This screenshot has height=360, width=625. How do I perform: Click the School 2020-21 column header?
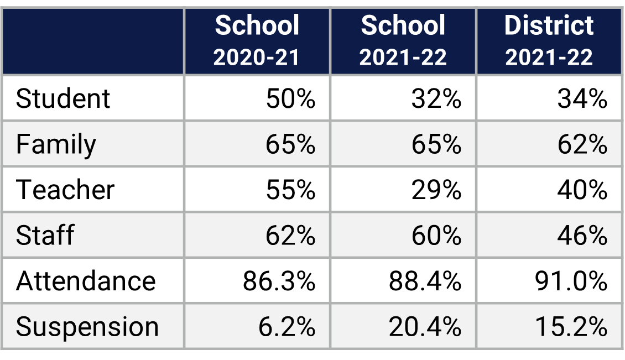pyautogui.click(x=257, y=41)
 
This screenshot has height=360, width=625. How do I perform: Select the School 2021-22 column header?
pyautogui.click(x=403, y=41)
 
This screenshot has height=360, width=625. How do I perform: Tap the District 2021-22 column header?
pyautogui.click(x=549, y=41)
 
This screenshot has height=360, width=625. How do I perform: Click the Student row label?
pyautogui.click(x=63, y=99)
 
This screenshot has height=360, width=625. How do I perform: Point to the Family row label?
pyautogui.click(x=56, y=145)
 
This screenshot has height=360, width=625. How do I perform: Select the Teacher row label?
pyautogui.click(x=65, y=190)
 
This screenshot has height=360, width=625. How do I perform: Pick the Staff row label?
pyautogui.click(x=45, y=236)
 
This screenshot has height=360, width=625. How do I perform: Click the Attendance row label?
pyautogui.click(x=86, y=281)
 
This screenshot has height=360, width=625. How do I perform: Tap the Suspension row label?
pyautogui.click(x=87, y=327)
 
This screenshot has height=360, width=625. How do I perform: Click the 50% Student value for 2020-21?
pyautogui.click(x=290, y=99)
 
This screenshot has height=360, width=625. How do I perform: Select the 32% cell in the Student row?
pyautogui.click(x=436, y=99)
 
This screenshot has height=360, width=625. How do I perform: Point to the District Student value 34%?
pyautogui.click(x=582, y=99)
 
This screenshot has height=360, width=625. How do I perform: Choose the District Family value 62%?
pyautogui.click(x=582, y=145)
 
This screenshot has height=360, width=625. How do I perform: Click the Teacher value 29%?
pyautogui.click(x=436, y=190)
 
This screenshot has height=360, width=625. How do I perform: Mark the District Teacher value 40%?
pyautogui.click(x=582, y=190)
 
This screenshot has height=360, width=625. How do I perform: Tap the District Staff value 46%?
pyautogui.click(x=582, y=236)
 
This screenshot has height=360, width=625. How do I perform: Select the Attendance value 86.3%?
pyautogui.click(x=279, y=281)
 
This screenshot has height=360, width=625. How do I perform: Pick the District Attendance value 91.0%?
pyautogui.click(x=571, y=281)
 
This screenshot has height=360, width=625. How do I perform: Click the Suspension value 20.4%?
pyautogui.click(x=425, y=327)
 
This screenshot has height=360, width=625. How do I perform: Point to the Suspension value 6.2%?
pyautogui.click(x=287, y=327)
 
